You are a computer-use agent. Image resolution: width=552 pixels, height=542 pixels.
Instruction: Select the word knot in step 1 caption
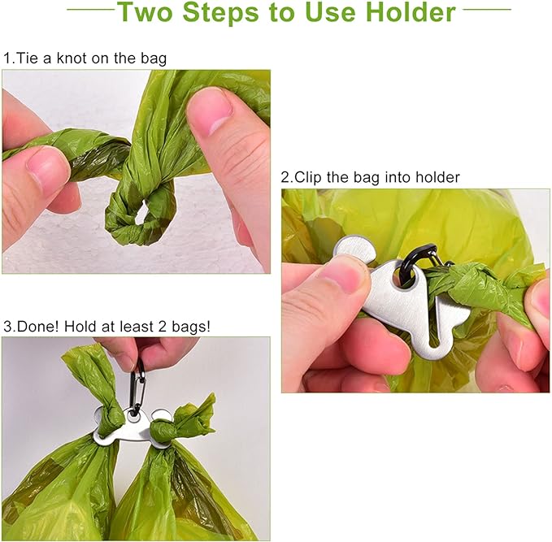click(x=81, y=59)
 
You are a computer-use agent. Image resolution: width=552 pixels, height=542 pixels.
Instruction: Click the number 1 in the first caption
click(x=7, y=59)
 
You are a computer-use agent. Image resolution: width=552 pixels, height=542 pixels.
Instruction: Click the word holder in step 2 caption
click(x=437, y=177)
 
